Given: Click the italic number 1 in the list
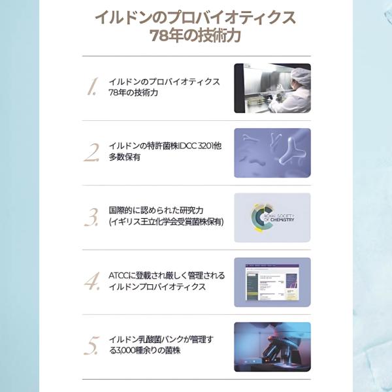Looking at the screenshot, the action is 92,86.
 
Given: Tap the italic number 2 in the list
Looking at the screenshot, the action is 91,152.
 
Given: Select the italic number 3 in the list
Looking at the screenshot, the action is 91,217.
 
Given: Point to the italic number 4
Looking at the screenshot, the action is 92,281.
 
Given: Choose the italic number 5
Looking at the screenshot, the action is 91,346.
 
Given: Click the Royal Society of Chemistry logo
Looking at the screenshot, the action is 272,218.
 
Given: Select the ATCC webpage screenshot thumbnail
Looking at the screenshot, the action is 272,282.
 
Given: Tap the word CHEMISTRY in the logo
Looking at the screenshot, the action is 282,220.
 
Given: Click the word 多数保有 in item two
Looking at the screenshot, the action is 125,157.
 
